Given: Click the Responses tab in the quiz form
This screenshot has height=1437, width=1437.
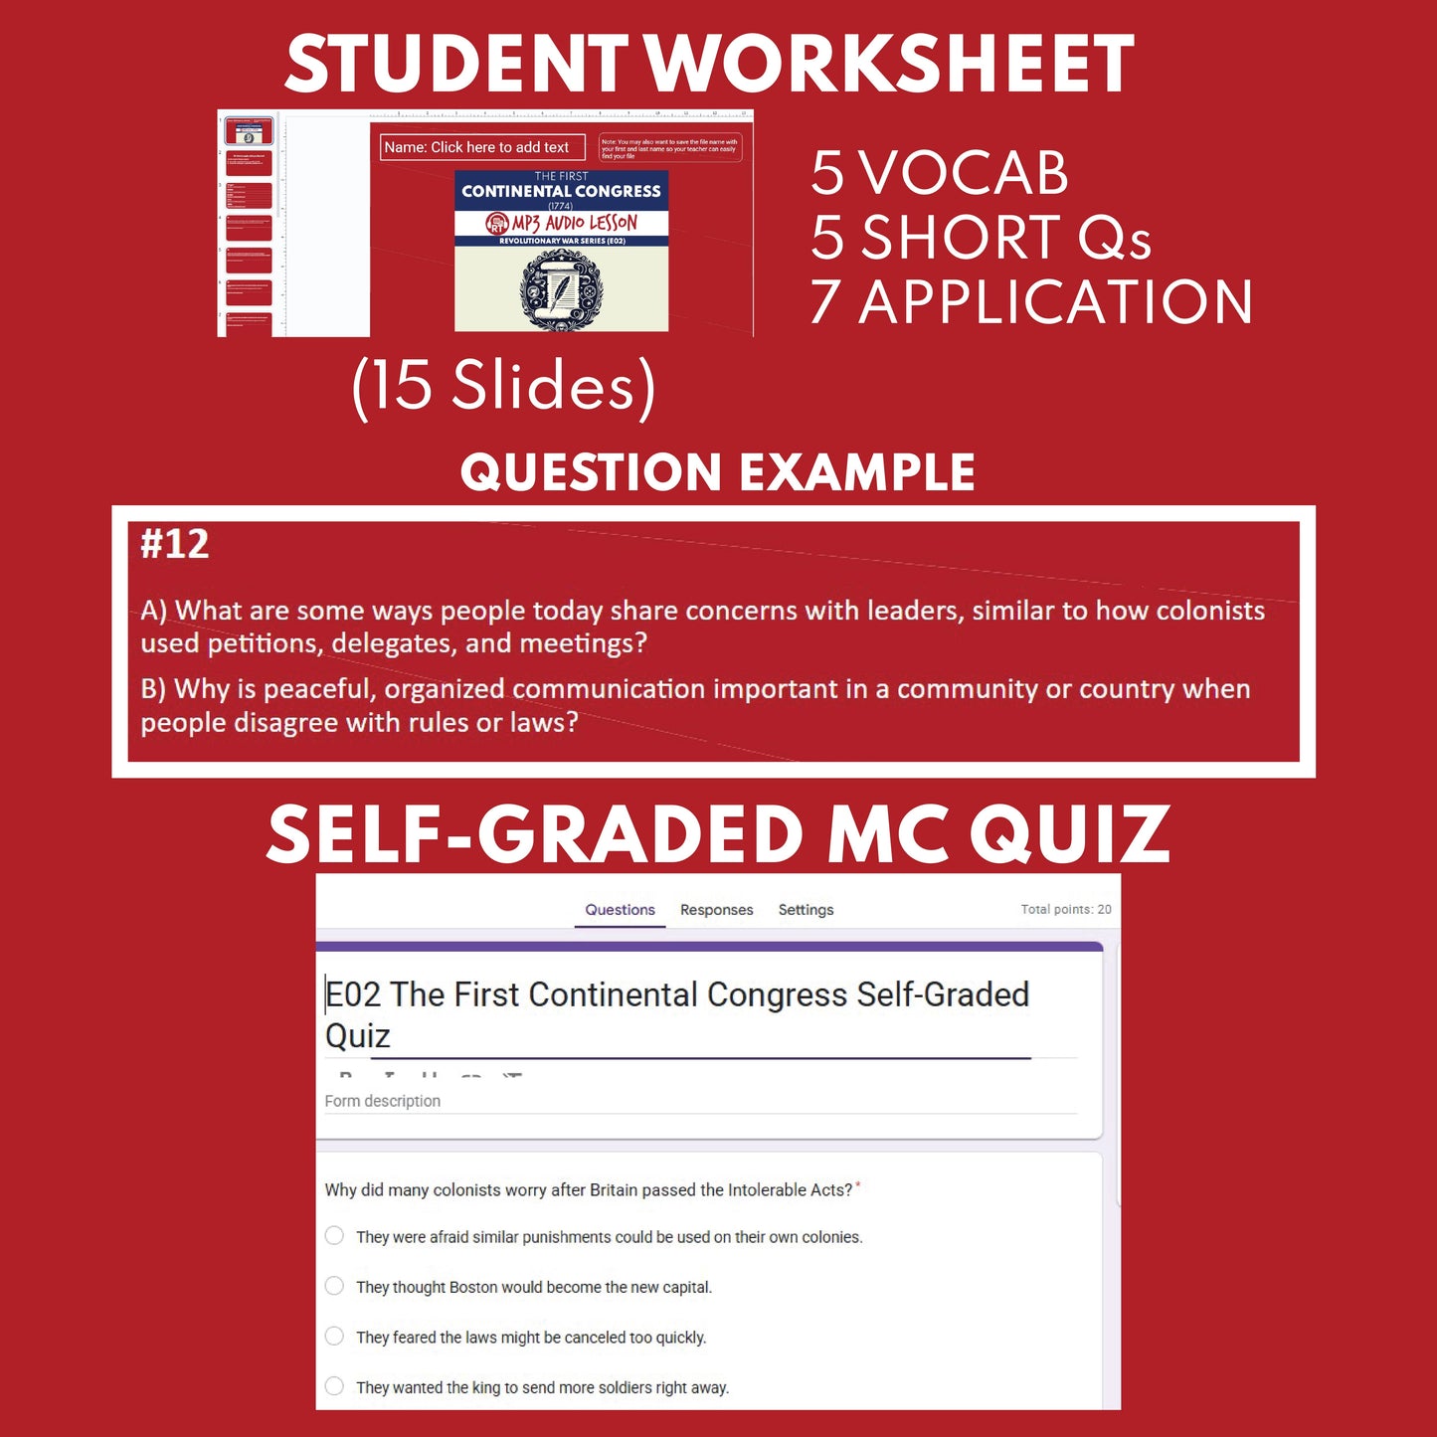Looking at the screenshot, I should pyautogui.click(x=716, y=910).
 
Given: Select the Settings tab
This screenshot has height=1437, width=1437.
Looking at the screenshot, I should pyautogui.click(x=806, y=910).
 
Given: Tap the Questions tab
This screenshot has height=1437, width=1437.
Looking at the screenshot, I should pyautogui.click(x=620, y=910).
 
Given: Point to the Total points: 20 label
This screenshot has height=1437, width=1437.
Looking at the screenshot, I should pyautogui.click(x=1065, y=909).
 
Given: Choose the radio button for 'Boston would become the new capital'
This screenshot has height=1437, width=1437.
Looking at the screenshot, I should pyautogui.click(x=335, y=1286).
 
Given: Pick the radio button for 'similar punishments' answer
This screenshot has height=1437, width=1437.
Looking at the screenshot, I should pyautogui.click(x=335, y=1236).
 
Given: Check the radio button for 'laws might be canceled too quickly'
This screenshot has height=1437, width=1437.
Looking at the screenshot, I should pyautogui.click(x=335, y=1336).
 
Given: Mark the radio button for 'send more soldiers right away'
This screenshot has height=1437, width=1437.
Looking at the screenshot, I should pyautogui.click(x=335, y=1386).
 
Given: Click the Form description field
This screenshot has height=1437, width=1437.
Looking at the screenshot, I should pyautogui.click(x=383, y=1101).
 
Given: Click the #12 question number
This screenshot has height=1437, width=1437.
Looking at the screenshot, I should pyautogui.click(x=175, y=545).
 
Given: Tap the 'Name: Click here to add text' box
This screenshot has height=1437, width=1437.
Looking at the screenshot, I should pyautogui.click(x=482, y=147).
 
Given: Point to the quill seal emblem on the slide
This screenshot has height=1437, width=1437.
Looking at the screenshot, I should pyautogui.click(x=561, y=290).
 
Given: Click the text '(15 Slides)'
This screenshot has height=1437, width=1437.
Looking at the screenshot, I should pyautogui.click(x=503, y=386).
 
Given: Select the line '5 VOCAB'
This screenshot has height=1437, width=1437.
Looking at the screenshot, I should pyautogui.click(x=939, y=173).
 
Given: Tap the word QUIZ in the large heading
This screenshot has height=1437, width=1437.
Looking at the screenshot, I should pyautogui.click(x=1070, y=834).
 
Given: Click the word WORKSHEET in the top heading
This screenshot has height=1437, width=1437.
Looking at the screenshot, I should pyautogui.click(x=891, y=64).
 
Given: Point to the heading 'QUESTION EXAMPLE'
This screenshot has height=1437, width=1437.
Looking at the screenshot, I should pyautogui.click(x=717, y=472).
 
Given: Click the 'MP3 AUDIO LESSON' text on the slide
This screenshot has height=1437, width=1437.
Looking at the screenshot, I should pyautogui.click(x=573, y=223).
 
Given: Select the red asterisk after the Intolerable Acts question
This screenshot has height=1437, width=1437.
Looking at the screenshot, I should pyautogui.click(x=858, y=1185).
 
